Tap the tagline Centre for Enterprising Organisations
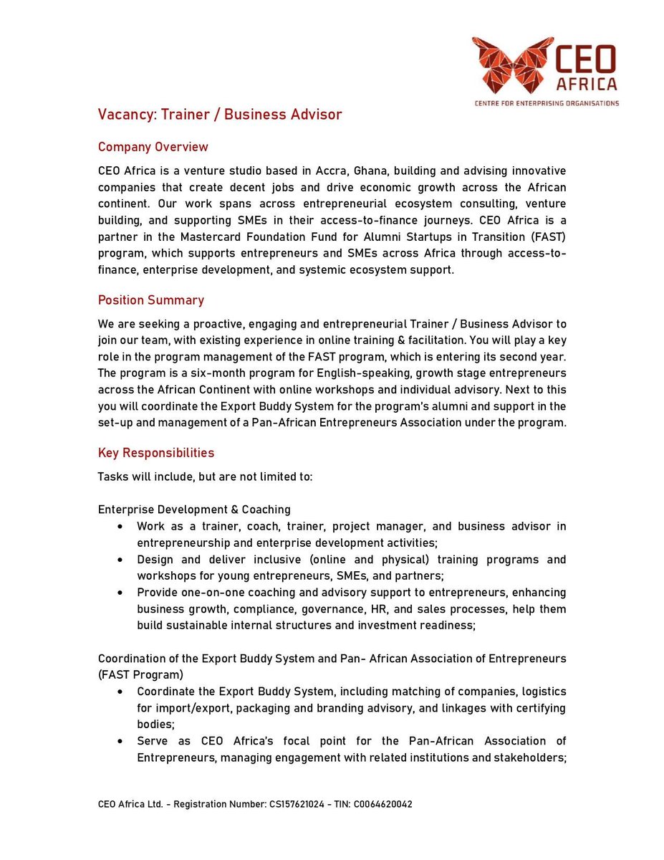547,103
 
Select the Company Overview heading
153,147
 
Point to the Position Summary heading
150,300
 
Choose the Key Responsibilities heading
155,453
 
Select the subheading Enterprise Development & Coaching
194,510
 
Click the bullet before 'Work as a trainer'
120,527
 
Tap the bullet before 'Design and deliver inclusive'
120,560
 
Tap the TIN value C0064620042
382,804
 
